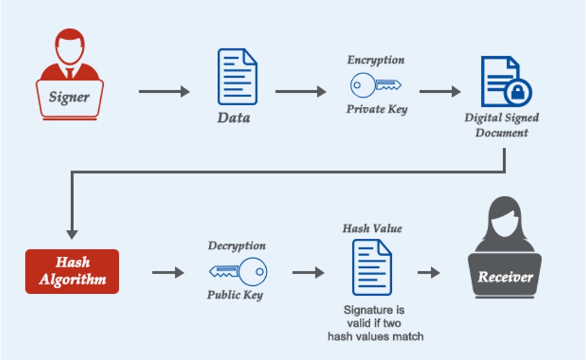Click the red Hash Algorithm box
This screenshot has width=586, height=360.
(x=72, y=272)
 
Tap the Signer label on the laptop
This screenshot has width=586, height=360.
(x=69, y=97)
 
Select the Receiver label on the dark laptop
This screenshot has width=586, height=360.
(x=504, y=276)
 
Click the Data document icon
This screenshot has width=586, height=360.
(x=237, y=77)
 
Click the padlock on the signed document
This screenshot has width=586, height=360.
(x=517, y=93)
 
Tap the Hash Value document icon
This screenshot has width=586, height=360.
(x=372, y=267)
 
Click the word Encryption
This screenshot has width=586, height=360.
(x=376, y=60)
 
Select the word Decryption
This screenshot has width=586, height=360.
(x=237, y=246)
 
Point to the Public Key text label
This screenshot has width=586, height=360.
(x=235, y=295)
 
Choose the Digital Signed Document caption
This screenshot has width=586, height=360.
(x=501, y=124)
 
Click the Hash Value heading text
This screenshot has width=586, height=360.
(x=372, y=228)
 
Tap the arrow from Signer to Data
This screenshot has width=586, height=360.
(x=164, y=92)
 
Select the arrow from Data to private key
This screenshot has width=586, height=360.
(x=300, y=92)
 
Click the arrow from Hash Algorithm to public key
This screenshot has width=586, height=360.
(x=168, y=273)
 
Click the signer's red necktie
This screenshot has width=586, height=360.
(x=69, y=72)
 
